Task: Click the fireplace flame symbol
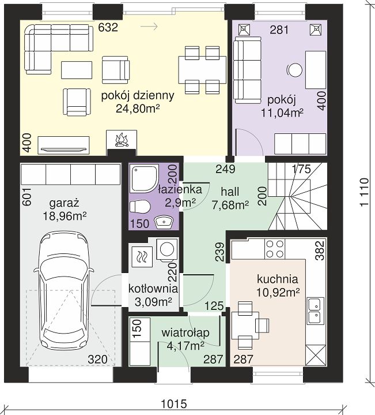[x=121, y=140]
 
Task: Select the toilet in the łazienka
[x=140, y=207]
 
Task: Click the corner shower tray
[x=144, y=178]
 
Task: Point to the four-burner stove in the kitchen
[x=275, y=249]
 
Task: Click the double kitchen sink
[x=315, y=311]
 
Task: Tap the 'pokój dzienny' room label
[x=138, y=95]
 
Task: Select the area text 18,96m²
[x=65, y=216]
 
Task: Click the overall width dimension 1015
[x=174, y=404]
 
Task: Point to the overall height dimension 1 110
[x=364, y=192]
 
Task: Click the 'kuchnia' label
[x=277, y=279]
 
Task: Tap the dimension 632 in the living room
[x=108, y=27]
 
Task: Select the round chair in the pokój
[x=295, y=70]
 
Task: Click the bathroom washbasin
[x=164, y=222]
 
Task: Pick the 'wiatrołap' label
[x=185, y=333]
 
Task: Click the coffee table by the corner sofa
[x=77, y=70]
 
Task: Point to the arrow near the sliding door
[x=149, y=26]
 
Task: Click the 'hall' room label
[x=230, y=192]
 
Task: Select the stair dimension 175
[x=302, y=169]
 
